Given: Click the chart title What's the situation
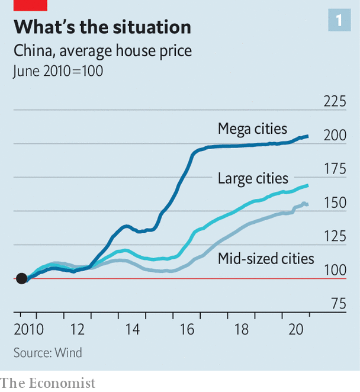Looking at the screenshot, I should (x=102, y=27).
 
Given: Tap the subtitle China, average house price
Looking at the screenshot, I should (x=102, y=51).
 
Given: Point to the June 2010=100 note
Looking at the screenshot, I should (x=58, y=71).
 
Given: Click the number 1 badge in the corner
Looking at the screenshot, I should (x=339, y=21).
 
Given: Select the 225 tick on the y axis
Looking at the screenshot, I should (x=335, y=101).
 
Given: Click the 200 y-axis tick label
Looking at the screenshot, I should (x=335, y=136).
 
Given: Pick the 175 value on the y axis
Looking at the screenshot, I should (x=335, y=169).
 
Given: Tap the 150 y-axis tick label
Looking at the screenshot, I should (x=335, y=203).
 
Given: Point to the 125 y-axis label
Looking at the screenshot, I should (x=335, y=237).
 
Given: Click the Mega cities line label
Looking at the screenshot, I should (x=252, y=128).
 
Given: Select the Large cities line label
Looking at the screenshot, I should (x=253, y=178).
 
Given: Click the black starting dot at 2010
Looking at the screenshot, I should (x=21, y=278).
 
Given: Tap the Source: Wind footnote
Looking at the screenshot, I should (x=48, y=353).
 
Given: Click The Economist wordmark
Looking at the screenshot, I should (x=48, y=383).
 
